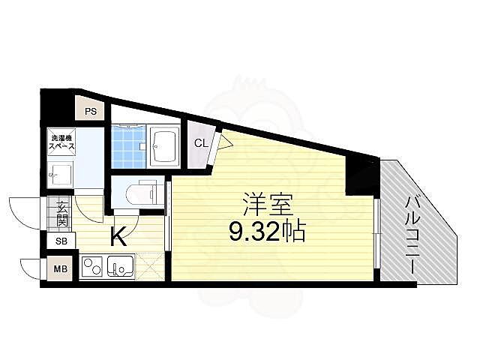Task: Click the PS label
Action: [91, 112]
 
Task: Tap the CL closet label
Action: [201, 143]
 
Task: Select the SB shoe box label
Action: [60, 241]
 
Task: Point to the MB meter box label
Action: [60, 268]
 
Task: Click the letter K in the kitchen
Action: [118, 237]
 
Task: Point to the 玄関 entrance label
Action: [61, 213]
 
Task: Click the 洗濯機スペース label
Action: [61, 142]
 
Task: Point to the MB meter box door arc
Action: [30, 267]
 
